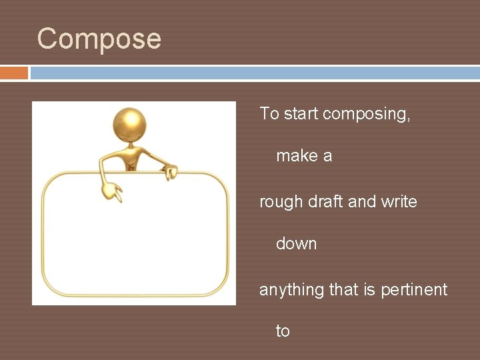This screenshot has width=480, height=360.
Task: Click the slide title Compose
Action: click(x=99, y=39)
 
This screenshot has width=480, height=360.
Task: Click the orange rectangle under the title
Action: click(x=14, y=73)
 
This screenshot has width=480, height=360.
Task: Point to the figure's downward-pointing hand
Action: click(x=111, y=191)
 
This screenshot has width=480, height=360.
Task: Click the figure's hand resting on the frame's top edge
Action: click(x=171, y=172)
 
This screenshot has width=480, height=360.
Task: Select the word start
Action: click(x=301, y=114)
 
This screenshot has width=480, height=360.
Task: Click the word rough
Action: click(x=281, y=202)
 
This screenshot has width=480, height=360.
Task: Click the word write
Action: click(x=399, y=201)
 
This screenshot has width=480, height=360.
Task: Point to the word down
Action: click(x=296, y=244)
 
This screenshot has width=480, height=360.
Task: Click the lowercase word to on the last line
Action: click(x=283, y=331)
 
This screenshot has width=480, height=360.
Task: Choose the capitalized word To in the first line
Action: click(x=269, y=114)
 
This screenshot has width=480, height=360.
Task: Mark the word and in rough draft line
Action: click(x=362, y=201)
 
